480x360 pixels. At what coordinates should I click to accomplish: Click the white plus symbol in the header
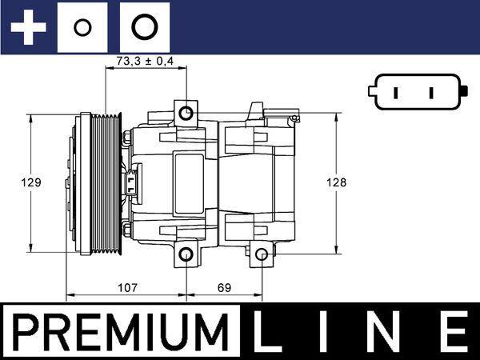pyautogui.click(x=29, y=27)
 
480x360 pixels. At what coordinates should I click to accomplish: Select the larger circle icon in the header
pyautogui.click(x=144, y=27)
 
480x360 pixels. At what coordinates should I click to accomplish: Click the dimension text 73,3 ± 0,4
pyautogui.click(x=145, y=61)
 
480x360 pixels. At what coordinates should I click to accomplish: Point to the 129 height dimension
pyautogui.click(x=30, y=182)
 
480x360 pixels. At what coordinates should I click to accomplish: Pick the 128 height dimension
pyautogui.click(x=337, y=182)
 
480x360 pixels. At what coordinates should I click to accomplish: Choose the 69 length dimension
pyautogui.click(x=224, y=286)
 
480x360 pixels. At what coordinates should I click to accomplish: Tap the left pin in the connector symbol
pyautogui.click(x=394, y=92)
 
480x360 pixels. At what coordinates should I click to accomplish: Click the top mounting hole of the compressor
pyautogui.click(x=186, y=111)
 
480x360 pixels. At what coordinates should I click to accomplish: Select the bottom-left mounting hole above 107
pyautogui.click(x=186, y=255)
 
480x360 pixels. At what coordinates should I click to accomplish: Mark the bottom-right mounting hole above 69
pyautogui.click(x=262, y=255)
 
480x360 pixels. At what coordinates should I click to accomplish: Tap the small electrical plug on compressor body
pyautogui.click(x=131, y=183)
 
